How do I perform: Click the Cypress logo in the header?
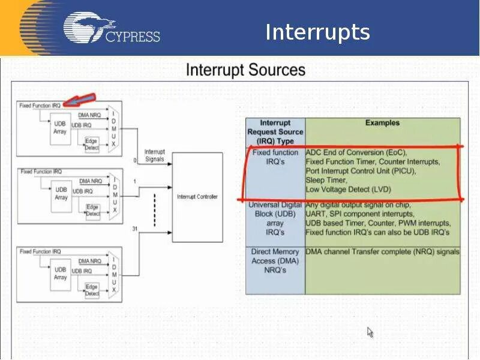pyautogui.click(x=112, y=29)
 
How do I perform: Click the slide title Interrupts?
pyautogui.click(x=317, y=32)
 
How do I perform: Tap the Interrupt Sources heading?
pyautogui.click(x=245, y=70)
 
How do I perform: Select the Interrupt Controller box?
pyautogui.click(x=197, y=197)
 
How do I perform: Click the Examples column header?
pyautogui.click(x=382, y=123)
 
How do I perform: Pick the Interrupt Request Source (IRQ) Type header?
pyautogui.click(x=275, y=132)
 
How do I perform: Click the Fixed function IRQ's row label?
pyautogui.click(x=275, y=157)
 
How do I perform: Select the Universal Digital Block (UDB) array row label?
pyautogui.click(x=275, y=218)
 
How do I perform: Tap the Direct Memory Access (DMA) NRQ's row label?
pyautogui.click(x=275, y=261)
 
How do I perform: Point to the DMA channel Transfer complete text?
pyautogui.click(x=382, y=252)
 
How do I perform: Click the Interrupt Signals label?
pyautogui.click(x=154, y=155)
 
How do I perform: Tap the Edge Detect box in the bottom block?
pyautogui.click(x=92, y=290)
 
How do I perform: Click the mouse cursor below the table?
pyautogui.click(x=370, y=332)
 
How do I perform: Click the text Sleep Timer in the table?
pyautogui.click(x=326, y=180)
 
